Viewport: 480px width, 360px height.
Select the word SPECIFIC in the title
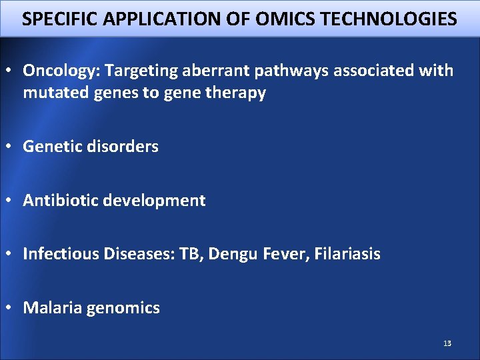(x=55, y=19)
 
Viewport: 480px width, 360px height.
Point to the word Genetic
(x=52, y=147)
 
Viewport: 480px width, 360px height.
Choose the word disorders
(x=123, y=147)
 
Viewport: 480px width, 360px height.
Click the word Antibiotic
(x=59, y=201)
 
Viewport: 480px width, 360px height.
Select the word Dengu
(x=231, y=254)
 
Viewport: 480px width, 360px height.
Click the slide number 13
(x=447, y=343)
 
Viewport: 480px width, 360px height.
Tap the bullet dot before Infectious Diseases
(x=11, y=254)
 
